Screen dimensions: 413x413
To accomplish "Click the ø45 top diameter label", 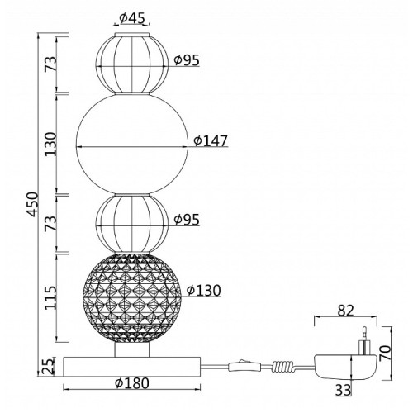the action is [x=131, y=18].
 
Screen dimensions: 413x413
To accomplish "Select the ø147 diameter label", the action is [x=211, y=140].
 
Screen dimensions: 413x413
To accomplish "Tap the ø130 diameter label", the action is [x=204, y=291].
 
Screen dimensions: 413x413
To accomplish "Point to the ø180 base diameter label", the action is [x=132, y=383].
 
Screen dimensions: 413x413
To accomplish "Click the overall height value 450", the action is [x=33, y=204].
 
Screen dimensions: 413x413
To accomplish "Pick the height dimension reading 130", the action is [x=50, y=145].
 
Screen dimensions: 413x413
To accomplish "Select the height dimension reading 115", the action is [x=50, y=297].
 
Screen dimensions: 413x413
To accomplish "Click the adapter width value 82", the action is [x=345, y=311].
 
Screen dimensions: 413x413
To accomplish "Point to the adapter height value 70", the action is [x=385, y=354].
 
